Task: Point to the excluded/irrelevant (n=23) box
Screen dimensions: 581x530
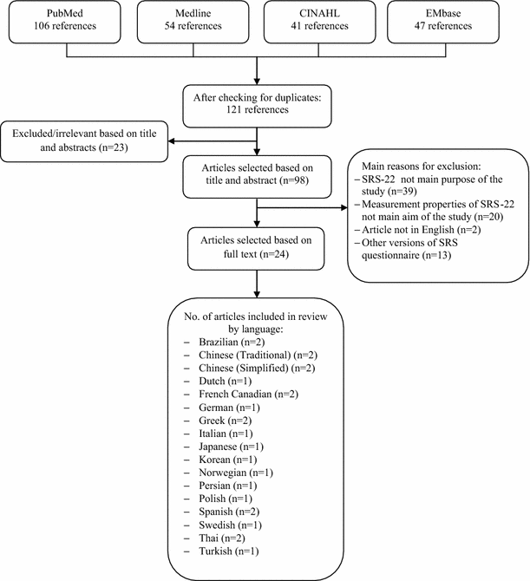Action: pos(85,141)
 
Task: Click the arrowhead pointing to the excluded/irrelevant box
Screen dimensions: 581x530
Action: pos(171,141)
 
